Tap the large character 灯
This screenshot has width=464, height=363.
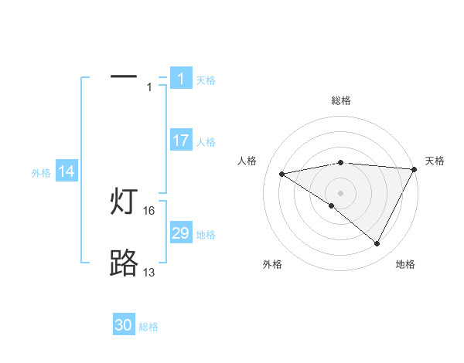[x=125, y=202]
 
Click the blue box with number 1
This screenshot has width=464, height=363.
[x=180, y=79]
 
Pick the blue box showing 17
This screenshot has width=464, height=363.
[x=180, y=141]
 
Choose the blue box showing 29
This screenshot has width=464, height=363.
[x=180, y=233]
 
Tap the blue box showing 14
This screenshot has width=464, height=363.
[x=67, y=171]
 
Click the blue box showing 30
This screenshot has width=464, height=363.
[x=124, y=325]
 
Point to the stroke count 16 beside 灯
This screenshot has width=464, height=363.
[x=149, y=211]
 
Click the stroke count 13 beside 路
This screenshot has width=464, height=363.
[x=149, y=273]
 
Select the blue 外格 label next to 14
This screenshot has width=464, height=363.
[x=41, y=173]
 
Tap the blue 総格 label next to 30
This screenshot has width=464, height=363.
[x=148, y=327]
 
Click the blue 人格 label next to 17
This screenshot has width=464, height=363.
[x=206, y=142]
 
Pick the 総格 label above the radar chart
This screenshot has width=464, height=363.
[x=341, y=100]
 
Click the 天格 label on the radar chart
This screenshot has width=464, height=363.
[x=435, y=161]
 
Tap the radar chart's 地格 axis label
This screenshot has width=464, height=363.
[x=405, y=264]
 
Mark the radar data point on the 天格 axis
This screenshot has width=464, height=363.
[x=415, y=168]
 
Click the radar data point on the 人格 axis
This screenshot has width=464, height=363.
[x=281, y=174]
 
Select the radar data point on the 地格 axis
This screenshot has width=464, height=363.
[x=377, y=243]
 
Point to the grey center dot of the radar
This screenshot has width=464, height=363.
[x=340, y=192]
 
